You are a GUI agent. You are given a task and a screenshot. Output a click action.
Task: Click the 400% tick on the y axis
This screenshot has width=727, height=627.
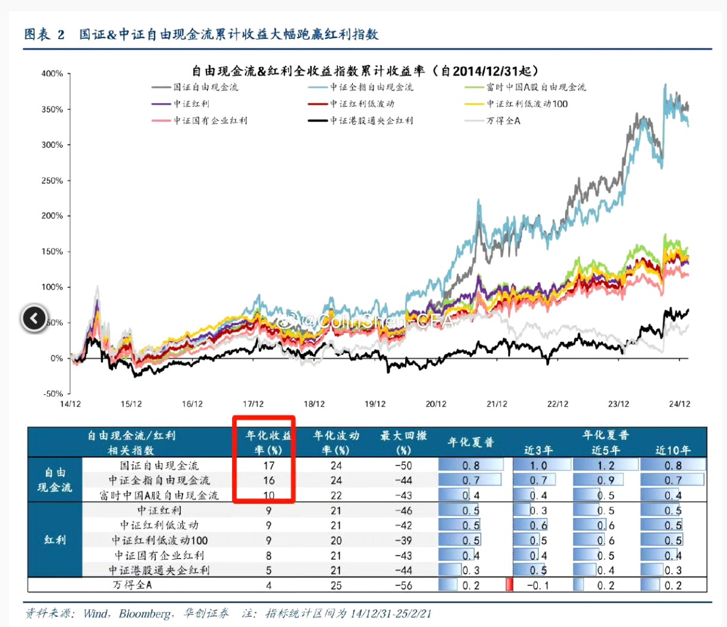coord(52,74)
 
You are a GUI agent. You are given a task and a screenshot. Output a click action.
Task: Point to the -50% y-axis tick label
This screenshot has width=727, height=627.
coord(52,394)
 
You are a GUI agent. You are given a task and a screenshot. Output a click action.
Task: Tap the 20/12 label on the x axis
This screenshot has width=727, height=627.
coord(435,404)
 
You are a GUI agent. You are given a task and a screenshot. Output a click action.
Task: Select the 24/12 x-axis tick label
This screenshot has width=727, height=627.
coord(679,404)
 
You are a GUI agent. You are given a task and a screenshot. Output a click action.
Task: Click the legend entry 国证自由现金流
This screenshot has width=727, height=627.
coord(205,88)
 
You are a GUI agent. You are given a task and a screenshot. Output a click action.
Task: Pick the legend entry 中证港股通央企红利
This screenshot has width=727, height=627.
coord(371,121)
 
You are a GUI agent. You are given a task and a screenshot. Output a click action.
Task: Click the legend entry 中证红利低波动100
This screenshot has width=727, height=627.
coord(527,104)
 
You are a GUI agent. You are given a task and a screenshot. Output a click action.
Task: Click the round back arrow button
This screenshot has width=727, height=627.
coord(35,319)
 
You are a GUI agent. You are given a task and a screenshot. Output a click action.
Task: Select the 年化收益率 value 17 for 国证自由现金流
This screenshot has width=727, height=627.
coord(269,466)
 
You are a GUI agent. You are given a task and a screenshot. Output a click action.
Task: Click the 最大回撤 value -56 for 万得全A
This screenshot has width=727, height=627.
coord(403,585)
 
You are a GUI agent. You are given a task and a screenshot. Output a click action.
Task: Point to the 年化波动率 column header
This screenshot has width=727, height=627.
coord(336,442)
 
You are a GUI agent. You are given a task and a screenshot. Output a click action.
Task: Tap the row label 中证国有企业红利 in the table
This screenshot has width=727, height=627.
coord(159,556)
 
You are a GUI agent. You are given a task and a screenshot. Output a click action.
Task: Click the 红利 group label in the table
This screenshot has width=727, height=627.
coord(55,540)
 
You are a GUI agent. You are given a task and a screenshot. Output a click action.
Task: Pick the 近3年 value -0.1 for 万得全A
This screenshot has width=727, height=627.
coord(538,585)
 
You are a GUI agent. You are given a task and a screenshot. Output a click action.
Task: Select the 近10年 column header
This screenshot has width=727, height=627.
coord(673,450)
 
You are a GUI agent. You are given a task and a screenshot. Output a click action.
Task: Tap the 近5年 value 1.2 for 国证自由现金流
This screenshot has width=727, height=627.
coord(606,466)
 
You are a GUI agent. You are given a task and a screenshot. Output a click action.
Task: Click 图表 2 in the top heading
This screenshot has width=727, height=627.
coord(44,35)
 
